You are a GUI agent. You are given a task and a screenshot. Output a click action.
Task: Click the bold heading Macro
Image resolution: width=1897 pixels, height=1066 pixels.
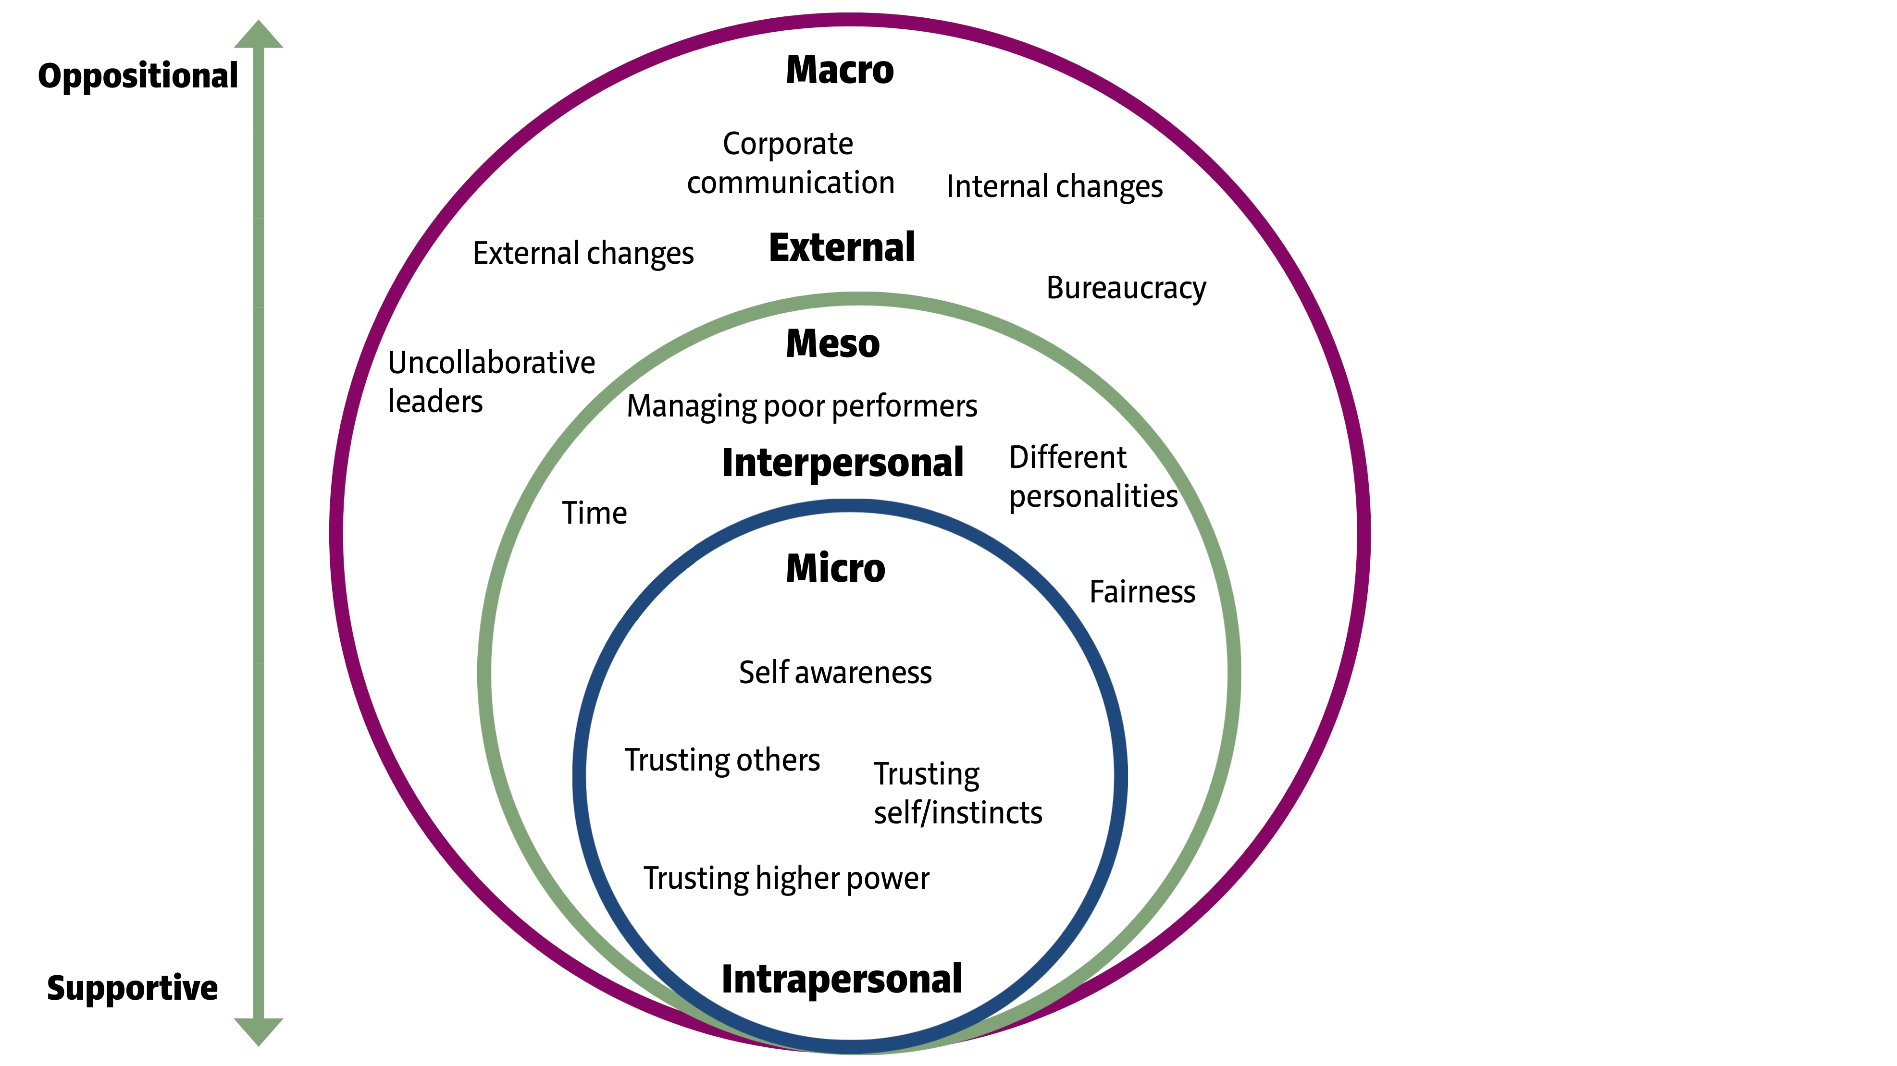point(840,71)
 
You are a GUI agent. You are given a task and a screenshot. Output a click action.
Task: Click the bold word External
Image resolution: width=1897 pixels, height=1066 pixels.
point(842,247)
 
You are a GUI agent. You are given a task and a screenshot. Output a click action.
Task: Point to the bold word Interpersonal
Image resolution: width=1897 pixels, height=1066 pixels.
point(843,463)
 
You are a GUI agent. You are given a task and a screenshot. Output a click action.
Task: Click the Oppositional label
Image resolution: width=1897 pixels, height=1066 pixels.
point(138,76)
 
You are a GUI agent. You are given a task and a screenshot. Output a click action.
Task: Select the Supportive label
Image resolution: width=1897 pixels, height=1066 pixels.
point(133,988)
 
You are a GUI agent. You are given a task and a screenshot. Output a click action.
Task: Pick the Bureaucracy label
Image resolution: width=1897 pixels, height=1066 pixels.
point(1126,288)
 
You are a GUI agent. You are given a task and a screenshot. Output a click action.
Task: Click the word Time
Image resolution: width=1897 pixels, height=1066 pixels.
point(595,513)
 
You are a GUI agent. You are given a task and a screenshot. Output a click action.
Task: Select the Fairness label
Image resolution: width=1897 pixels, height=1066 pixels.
point(1142,592)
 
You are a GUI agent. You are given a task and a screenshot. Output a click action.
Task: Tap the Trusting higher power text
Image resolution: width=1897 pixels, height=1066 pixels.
point(786,878)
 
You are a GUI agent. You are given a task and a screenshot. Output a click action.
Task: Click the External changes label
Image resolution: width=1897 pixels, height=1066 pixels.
point(583,253)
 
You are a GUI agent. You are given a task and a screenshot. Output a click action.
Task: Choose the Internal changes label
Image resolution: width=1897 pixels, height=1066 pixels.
point(1054,186)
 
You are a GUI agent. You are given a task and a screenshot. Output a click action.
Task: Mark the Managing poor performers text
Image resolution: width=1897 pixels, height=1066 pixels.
point(802,406)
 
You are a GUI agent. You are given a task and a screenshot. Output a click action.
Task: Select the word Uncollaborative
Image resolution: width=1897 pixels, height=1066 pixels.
point(491,363)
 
